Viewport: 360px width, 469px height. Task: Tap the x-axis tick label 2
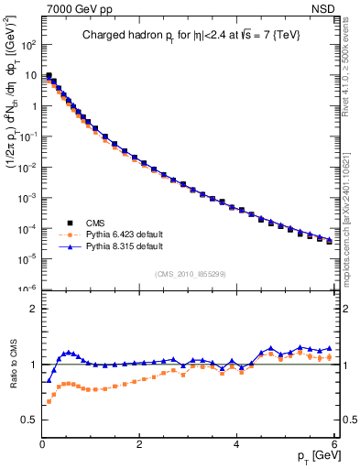coord(139,444)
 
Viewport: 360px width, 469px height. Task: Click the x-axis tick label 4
coord(237,444)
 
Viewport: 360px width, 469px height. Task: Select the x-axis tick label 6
coord(334,444)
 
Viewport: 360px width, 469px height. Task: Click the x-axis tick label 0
coord(42,444)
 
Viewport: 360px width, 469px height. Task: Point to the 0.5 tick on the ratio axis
coord(28,420)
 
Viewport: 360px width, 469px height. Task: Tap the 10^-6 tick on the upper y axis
coord(27,289)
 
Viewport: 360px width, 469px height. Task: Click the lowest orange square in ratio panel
coord(49,402)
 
